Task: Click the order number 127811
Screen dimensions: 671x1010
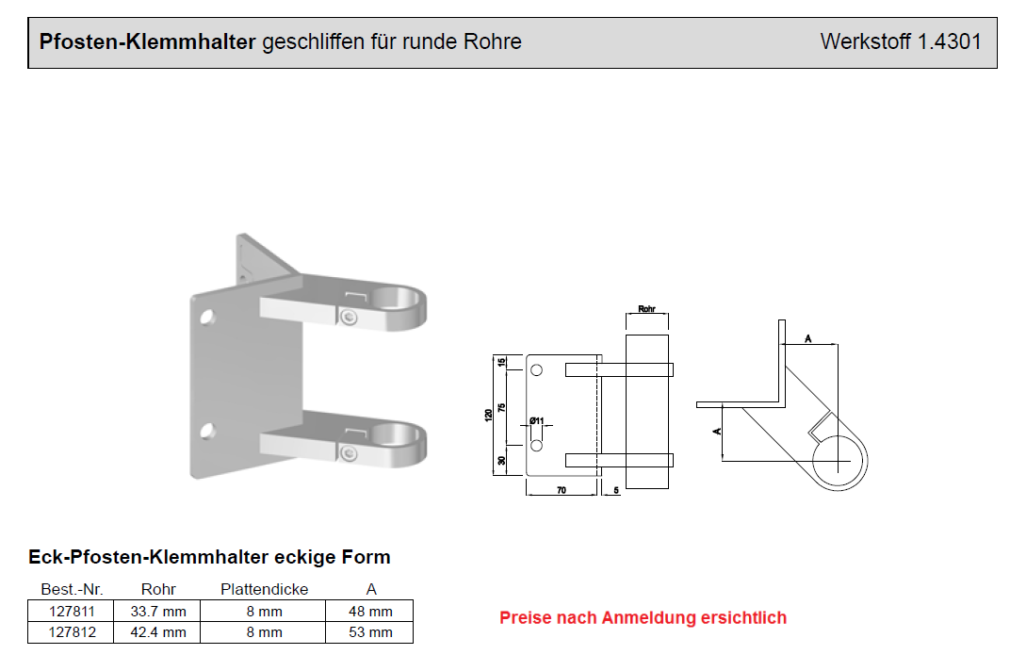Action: (71, 612)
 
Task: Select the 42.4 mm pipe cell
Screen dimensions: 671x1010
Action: (157, 632)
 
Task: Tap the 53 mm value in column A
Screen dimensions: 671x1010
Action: (370, 632)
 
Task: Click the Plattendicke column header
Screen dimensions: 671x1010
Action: (264, 590)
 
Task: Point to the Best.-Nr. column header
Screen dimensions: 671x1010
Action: (71, 590)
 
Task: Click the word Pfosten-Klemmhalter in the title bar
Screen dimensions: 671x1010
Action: (147, 41)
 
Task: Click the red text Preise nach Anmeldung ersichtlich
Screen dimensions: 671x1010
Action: (643, 618)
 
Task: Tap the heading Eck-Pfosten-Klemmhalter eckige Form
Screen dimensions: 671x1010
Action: (209, 557)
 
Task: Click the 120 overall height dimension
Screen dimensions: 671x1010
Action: (489, 415)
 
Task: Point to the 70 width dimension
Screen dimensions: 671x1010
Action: (561, 491)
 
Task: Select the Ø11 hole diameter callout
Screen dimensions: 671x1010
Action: (537, 421)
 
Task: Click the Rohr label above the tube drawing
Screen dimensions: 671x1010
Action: (646, 309)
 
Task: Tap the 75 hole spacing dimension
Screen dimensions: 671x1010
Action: (502, 407)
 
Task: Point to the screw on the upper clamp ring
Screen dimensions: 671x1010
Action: (349, 319)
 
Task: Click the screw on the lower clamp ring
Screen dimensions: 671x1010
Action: (349, 454)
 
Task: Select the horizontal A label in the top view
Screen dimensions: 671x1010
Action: (808, 337)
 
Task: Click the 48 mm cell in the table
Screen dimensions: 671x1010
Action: (370, 612)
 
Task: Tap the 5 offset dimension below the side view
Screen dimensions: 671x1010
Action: (615, 491)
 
